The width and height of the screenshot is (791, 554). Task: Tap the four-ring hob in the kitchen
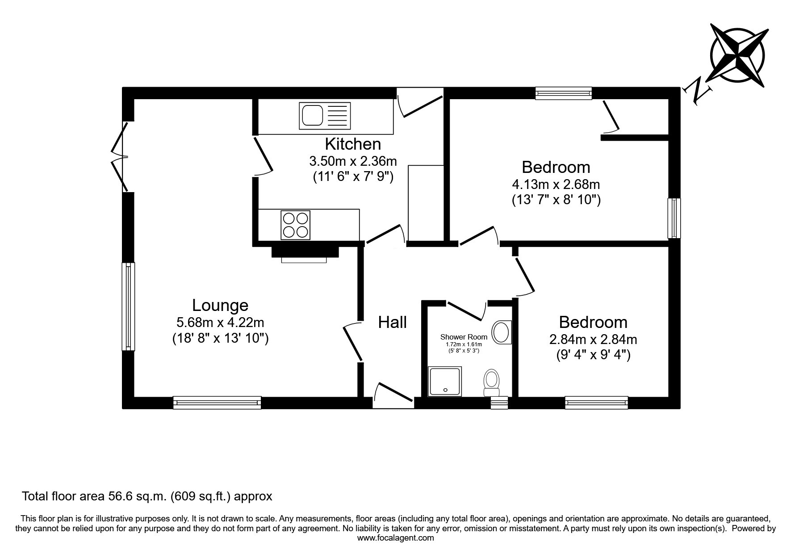pyautogui.click(x=295, y=224)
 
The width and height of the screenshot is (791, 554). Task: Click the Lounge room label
pyautogui.click(x=220, y=305)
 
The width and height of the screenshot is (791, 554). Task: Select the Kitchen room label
pyautogui.click(x=353, y=144)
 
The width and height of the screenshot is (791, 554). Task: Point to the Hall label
pyautogui.click(x=393, y=322)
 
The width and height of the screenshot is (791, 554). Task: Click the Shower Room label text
pyautogui.click(x=464, y=337)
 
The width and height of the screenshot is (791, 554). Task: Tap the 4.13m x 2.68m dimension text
pyautogui.click(x=556, y=184)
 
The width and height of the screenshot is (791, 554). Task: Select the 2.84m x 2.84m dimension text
pyautogui.click(x=593, y=339)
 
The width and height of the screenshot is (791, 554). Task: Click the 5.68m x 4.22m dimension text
pyautogui.click(x=220, y=322)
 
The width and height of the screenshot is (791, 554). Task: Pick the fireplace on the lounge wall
pyautogui.click(x=305, y=253)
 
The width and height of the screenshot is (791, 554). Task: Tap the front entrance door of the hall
pyautogui.click(x=393, y=395)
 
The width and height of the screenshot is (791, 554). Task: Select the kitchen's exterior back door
pyautogui.click(x=419, y=102)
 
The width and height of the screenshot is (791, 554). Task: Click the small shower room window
pyautogui.click(x=499, y=403)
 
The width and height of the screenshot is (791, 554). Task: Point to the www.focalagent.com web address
pyautogui.click(x=396, y=538)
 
